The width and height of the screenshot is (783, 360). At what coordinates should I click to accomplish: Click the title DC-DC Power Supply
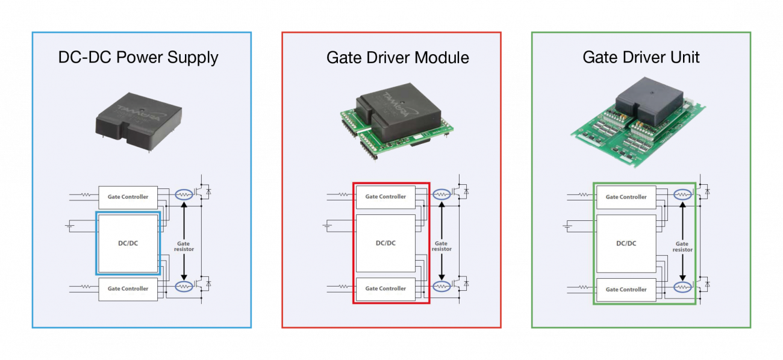point(138,58)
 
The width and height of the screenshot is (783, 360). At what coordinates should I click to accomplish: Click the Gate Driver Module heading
point(398,58)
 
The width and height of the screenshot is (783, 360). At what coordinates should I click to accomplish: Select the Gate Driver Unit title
point(641,57)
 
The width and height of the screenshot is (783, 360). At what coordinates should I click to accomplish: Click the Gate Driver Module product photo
point(397,121)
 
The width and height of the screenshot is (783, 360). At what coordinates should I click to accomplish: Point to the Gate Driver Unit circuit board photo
point(638,122)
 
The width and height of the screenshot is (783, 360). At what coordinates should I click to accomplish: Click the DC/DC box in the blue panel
point(128,243)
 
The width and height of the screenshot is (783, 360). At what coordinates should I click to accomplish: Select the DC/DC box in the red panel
point(385,243)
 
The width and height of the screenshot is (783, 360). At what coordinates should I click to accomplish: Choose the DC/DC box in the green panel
point(626,244)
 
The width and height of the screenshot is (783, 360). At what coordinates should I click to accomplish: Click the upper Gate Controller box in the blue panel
point(128,197)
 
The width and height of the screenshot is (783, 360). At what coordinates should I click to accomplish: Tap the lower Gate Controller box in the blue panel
point(128,289)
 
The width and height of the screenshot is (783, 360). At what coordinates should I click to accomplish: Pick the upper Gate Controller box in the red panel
point(385,197)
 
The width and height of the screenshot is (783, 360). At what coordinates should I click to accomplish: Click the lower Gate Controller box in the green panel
point(626,290)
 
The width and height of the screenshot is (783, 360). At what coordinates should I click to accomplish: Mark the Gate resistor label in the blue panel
point(184,246)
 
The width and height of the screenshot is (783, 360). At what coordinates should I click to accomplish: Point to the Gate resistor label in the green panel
point(682,247)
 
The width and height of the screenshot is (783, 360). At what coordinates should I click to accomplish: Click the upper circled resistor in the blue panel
point(184,194)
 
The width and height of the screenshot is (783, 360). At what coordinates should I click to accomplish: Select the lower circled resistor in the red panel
point(441,287)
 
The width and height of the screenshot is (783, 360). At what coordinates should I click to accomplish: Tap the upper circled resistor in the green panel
point(682,194)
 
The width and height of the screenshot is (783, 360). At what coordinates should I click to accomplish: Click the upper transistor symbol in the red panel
point(460,191)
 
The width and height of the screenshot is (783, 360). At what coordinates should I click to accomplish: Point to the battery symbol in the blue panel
point(70,226)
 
